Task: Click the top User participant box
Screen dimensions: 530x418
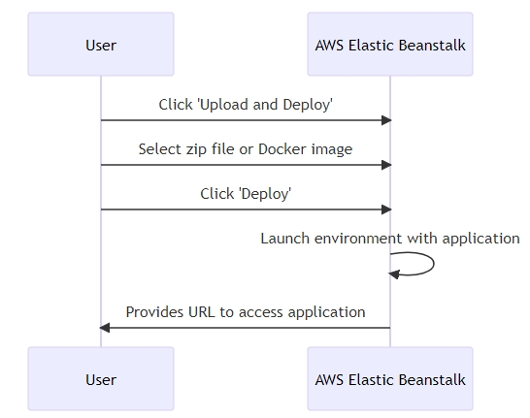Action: [x=101, y=45]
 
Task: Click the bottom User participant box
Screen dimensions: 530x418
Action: [x=101, y=379]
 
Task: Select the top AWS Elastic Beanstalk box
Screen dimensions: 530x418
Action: [x=390, y=45]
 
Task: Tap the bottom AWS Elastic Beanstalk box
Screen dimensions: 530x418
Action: [x=390, y=379]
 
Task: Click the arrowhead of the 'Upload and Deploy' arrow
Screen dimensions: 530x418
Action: [x=386, y=120]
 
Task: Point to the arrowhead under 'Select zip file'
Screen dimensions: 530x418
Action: [x=386, y=165]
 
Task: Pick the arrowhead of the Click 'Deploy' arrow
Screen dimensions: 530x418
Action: [x=386, y=209]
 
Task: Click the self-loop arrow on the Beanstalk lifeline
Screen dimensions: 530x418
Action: [x=434, y=264]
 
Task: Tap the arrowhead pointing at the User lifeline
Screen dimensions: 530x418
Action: [x=105, y=328]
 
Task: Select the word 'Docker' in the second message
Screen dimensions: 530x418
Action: [x=282, y=149]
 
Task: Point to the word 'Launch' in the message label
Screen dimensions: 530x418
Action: [x=285, y=239]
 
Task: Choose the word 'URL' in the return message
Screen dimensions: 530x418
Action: [x=202, y=312]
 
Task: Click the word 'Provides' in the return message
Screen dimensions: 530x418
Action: [x=155, y=312]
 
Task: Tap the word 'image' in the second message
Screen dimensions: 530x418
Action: [x=332, y=150]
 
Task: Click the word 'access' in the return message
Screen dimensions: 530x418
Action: [x=261, y=312]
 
